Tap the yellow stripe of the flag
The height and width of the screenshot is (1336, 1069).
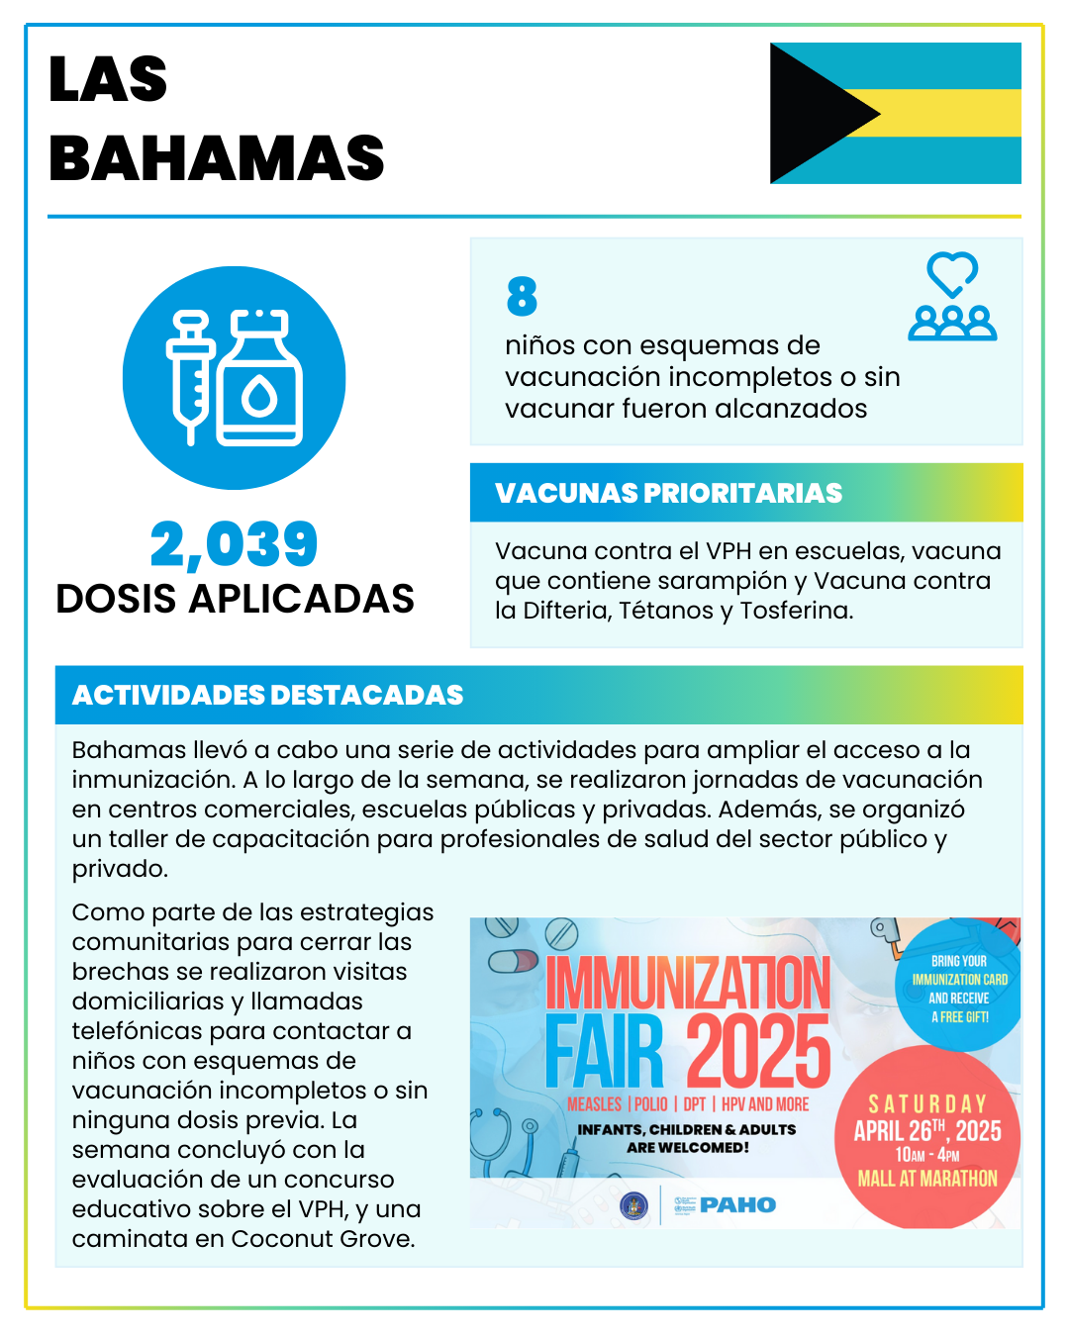click(950, 113)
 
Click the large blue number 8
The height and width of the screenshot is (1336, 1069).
click(522, 296)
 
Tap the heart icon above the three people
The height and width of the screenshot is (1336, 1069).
click(952, 273)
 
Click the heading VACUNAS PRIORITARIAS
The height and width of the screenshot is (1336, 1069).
click(668, 493)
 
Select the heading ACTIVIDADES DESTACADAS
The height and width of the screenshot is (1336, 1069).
click(267, 695)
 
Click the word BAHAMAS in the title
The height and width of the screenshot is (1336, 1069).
click(217, 158)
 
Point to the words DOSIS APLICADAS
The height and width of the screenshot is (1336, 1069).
click(235, 599)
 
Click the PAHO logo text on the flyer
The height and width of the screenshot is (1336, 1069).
click(737, 1204)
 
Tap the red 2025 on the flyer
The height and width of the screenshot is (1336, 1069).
click(758, 1052)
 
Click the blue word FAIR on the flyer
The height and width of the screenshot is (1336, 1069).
click(604, 1052)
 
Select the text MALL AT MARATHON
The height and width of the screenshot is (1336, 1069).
click(927, 1179)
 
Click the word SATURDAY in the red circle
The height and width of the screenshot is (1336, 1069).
click(927, 1103)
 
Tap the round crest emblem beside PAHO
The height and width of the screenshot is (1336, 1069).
click(633, 1205)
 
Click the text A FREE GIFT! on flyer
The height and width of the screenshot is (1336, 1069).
click(959, 1016)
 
